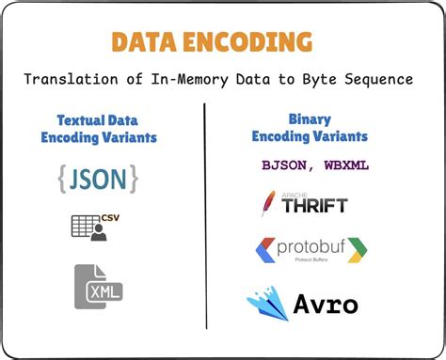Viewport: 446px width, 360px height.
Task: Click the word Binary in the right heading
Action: click(310, 120)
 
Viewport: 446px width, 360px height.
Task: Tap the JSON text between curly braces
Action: click(98, 179)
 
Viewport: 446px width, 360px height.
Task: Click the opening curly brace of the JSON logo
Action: click(63, 179)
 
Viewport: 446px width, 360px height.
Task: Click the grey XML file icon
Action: click(99, 287)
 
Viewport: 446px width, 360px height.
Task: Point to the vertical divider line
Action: click(205, 216)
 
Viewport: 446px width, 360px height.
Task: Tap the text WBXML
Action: click(344, 164)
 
